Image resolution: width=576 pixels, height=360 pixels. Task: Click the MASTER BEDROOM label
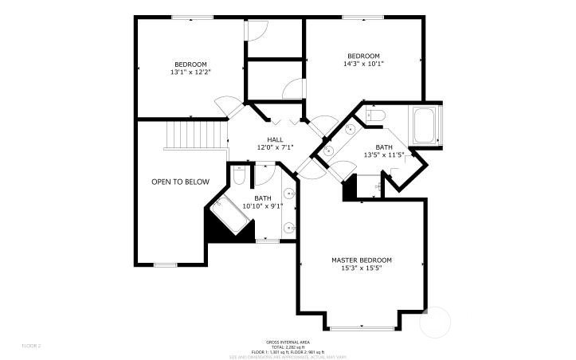pos(362,260)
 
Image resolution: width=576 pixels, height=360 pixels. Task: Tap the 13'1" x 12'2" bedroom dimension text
pos(190,72)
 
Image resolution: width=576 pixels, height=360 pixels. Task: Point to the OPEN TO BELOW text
pos(180,182)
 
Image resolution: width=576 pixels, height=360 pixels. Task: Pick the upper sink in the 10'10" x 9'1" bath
pos(291,194)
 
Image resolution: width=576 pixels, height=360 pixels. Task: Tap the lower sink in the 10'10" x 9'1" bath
pos(291,228)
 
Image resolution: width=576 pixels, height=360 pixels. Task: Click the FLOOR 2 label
pos(31,346)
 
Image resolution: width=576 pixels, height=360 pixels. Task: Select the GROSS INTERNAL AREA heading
pos(288,341)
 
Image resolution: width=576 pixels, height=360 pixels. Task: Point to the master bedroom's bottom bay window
pos(361,328)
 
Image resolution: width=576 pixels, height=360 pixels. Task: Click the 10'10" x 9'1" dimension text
pos(263,205)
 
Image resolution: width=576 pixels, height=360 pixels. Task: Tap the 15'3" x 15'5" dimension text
pos(362,268)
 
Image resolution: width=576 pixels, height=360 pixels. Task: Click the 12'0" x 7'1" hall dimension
pos(275,147)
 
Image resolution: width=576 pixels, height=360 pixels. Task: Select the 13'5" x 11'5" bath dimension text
pos(385,155)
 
